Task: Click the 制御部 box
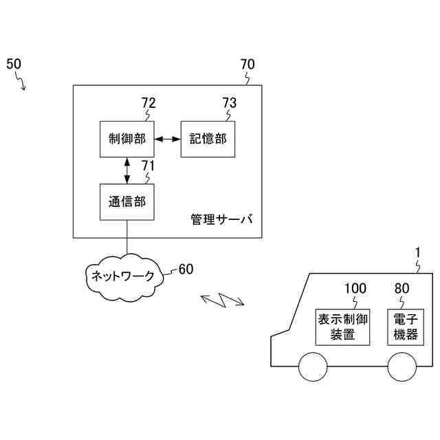click(126, 139)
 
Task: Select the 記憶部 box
click(208, 139)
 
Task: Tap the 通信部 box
click(126, 202)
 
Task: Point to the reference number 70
click(247, 65)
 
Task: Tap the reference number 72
click(148, 103)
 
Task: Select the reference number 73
click(229, 103)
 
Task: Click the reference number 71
click(148, 166)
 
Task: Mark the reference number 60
click(186, 269)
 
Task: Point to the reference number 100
click(355, 288)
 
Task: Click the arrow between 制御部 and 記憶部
click(167, 139)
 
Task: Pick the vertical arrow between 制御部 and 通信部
click(126, 170)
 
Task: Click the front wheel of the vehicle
click(313, 366)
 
